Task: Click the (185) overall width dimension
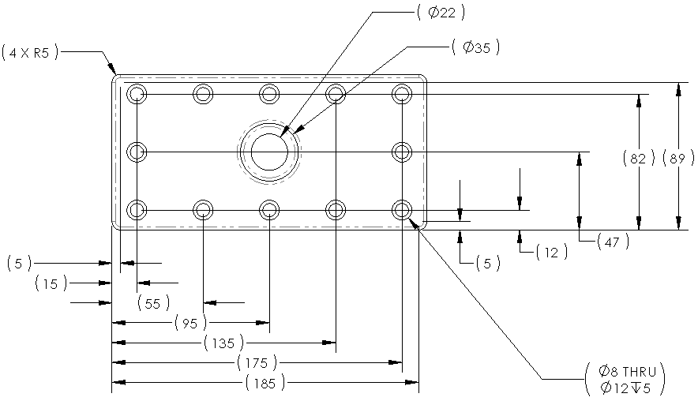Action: coord(265,384)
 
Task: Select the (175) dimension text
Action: coord(257,363)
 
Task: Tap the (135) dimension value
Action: coord(223,343)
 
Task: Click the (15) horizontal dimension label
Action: coord(51,283)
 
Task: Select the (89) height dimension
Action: coord(675,158)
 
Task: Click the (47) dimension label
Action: coord(613,242)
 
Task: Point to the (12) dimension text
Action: coord(551,253)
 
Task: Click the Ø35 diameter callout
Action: coord(476,48)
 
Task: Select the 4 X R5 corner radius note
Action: coord(29,53)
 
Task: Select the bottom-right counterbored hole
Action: coord(403,210)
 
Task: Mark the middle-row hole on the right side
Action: coord(403,152)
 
